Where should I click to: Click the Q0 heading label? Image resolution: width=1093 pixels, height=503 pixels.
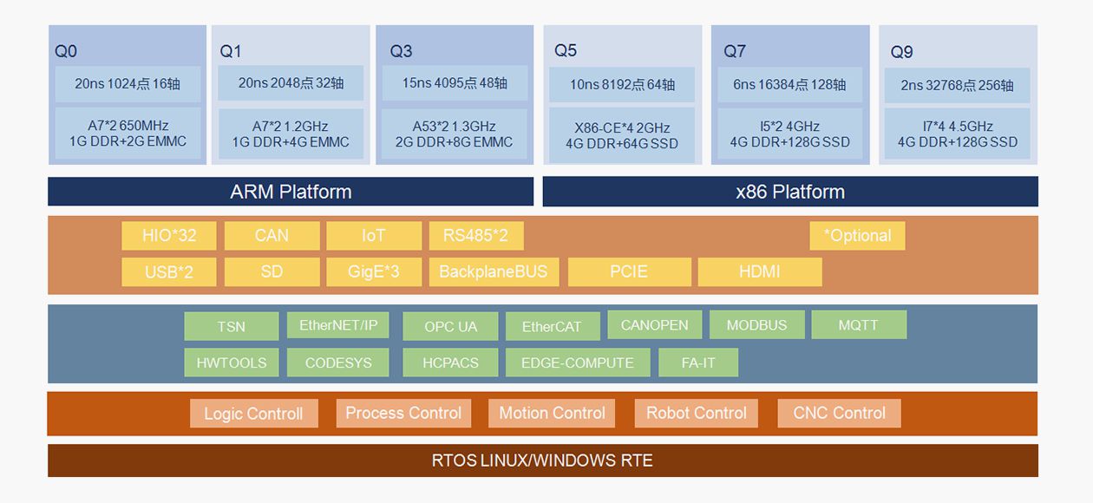click(66, 52)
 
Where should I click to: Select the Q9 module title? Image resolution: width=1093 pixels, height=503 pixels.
click(902, 52)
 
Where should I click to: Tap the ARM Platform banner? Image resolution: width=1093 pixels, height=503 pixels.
click(291, 192)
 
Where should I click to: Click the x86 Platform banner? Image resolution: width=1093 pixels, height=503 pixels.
click(790, 192)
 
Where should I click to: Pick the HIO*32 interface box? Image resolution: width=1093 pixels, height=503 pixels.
click(169, 235)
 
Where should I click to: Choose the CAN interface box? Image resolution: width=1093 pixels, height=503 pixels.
click(272, 235)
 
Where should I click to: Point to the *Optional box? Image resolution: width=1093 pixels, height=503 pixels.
click(857, 235)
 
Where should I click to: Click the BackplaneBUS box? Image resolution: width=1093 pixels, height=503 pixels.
click(494, 271)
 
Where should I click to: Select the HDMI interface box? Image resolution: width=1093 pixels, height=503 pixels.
click(760, 271)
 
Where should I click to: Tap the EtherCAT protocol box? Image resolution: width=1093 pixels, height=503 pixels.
click(552, 327)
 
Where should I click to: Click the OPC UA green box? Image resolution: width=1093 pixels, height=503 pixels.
click(450, 327)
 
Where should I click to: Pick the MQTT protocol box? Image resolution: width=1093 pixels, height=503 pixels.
click(859, 325)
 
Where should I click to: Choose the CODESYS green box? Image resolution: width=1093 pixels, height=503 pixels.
click(338, 363)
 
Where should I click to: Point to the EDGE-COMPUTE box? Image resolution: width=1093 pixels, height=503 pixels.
click(578, 363)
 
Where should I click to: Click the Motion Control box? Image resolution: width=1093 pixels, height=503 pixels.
click(552, 413)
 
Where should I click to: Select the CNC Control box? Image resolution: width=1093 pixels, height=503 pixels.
click(839, 413)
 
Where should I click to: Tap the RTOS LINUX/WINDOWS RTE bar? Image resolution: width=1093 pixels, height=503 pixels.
click(542, 461)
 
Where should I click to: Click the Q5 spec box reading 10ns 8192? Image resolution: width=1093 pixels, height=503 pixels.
click(622, 85)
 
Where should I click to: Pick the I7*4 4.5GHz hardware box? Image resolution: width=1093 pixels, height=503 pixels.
click(958, 134)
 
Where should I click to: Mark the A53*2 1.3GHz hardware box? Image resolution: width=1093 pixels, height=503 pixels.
click(455, 134)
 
